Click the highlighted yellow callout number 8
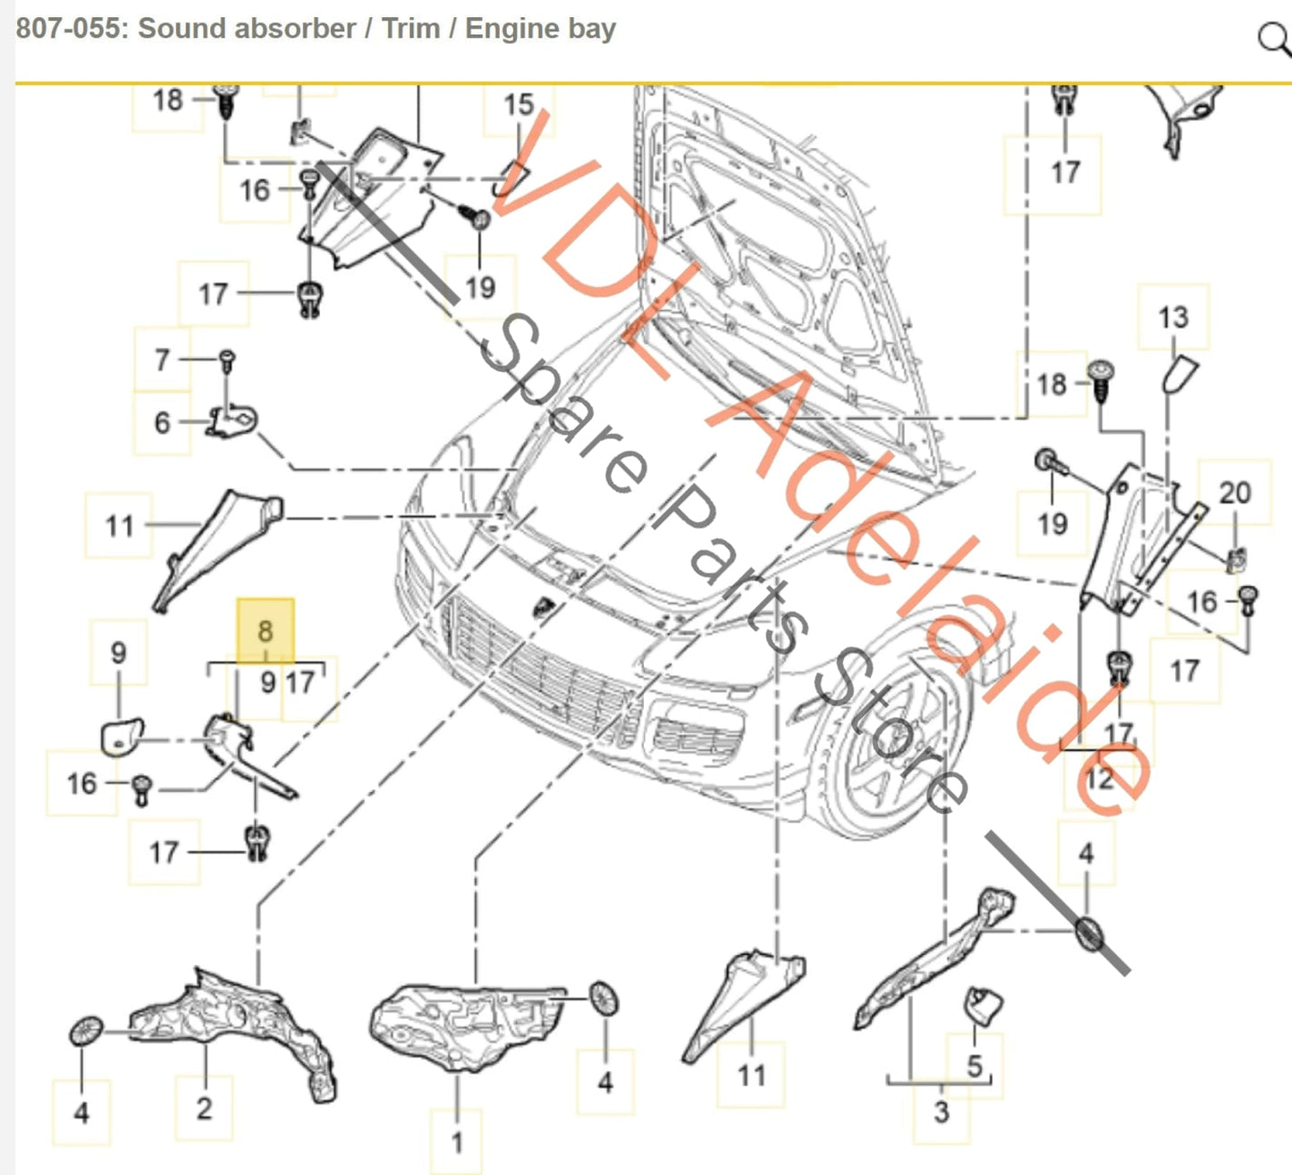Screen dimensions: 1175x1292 (x=265, y=630)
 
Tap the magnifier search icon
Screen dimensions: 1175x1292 (x=1272, y=38)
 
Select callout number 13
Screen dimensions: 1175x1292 (x=1172, y=317)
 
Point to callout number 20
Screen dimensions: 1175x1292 (x=1234, y=493)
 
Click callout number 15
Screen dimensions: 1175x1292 (x=519, y=106)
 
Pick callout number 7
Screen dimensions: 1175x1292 (x=162, y=359)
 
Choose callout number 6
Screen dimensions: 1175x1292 (x=162, y=422)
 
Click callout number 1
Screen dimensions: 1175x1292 (x=457, y=1142)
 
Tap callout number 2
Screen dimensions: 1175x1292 (x=204, y=1108)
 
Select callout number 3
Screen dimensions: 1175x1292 (x=941, y=1112)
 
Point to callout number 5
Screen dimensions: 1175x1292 (x=975, y=1065)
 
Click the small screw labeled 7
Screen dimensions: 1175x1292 (x=226, y=359)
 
